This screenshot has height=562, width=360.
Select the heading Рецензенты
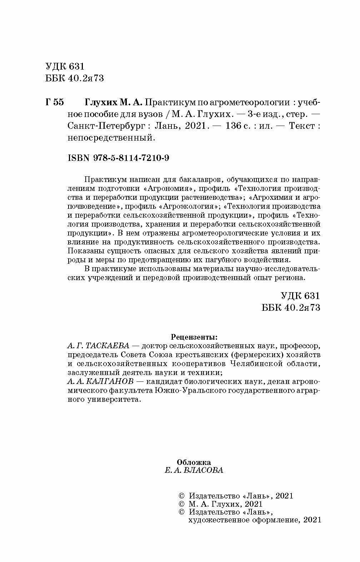pos(194,336)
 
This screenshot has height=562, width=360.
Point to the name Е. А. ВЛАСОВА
pos(194,470)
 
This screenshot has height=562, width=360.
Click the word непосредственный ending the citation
pos(111,138)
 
